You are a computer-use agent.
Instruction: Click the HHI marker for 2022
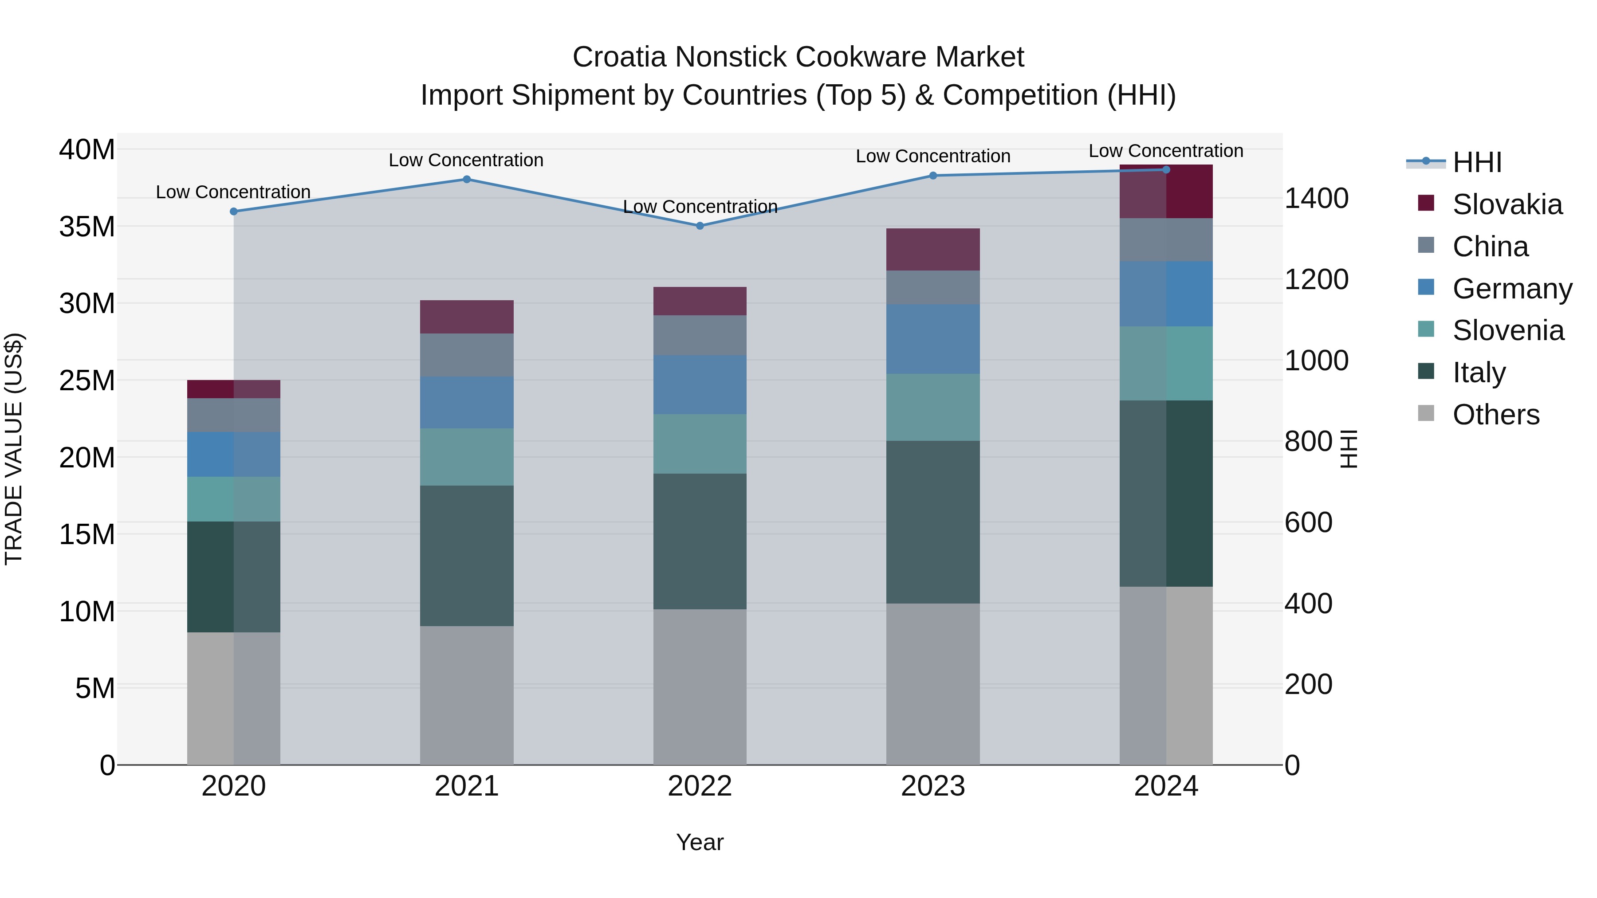click(700, 226)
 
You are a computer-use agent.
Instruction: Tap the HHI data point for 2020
click(234, 212)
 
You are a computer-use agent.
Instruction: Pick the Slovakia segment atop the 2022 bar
click(700, 301)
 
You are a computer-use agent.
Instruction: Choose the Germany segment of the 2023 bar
click(933, 339)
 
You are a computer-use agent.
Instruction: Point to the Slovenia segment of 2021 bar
click(467, 457)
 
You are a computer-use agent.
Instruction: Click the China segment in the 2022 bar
click(700, 335)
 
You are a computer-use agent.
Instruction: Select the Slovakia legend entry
click(1507, 204)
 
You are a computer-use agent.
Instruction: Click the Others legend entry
click(1495, 415)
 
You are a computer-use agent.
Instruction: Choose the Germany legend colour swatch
click(1426, 287)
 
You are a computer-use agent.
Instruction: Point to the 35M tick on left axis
click(87, 227)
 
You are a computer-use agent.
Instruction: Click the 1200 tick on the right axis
click(1316, 279)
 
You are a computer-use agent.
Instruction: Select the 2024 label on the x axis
click(1165, 786)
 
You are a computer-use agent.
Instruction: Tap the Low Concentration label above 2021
click(466, 160)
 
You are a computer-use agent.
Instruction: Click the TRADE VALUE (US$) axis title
click(14, 449)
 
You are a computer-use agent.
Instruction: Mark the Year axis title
click(700, 842)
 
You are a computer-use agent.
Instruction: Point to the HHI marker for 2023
click(933, 175)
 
